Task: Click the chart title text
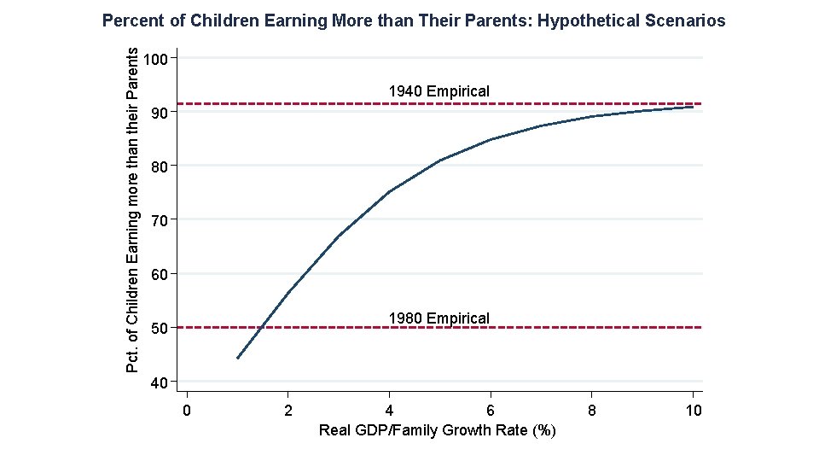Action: click(414, 20)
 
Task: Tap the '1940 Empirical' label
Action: click(439, 90)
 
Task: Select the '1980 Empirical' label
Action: click(439, 318)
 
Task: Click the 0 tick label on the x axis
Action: click(187, 411)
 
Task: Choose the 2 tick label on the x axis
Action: click(288, 411)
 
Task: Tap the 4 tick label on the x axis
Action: click(389, 411)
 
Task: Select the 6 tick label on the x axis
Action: click(491, 411)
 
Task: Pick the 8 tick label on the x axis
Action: click(592, 411)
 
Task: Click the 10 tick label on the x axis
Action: click(693, 411)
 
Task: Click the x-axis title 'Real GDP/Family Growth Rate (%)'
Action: click(437, 430)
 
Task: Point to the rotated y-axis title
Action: click(132, 209)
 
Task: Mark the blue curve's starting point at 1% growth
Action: click(237, 358)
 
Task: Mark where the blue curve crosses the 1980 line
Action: click(261, 327)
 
